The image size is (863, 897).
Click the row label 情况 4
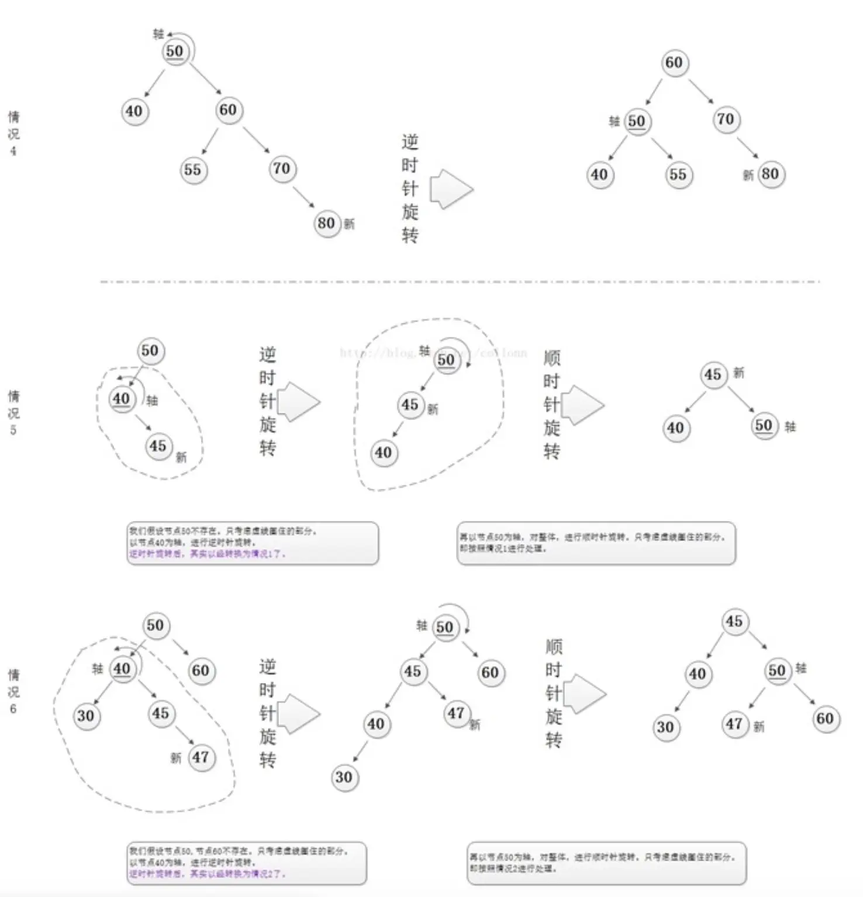point(13,134)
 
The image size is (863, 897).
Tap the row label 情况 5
point(13,413)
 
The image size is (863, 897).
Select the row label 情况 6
point(13,692)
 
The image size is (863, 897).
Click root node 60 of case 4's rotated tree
point(674,63)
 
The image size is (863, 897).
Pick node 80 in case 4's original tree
point(326,223)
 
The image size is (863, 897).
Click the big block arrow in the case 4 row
point(451,189)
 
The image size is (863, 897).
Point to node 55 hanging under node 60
point(192,170)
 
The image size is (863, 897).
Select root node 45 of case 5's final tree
point(713,374)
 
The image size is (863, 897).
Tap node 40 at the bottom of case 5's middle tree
point(383,453)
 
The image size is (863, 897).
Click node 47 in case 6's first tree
point(201,757)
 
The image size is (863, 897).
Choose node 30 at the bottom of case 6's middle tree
point(344,777)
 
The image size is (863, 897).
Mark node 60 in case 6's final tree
point(825,718)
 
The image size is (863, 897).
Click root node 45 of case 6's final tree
point(734,621)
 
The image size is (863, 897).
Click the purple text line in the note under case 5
point(208,554)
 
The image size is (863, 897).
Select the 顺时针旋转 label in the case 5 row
point(551,405)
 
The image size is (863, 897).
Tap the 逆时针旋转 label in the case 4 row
point(410,189)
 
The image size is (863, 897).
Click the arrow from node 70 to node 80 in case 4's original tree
point(303,196)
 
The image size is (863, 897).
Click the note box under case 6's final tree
point(606,862)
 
